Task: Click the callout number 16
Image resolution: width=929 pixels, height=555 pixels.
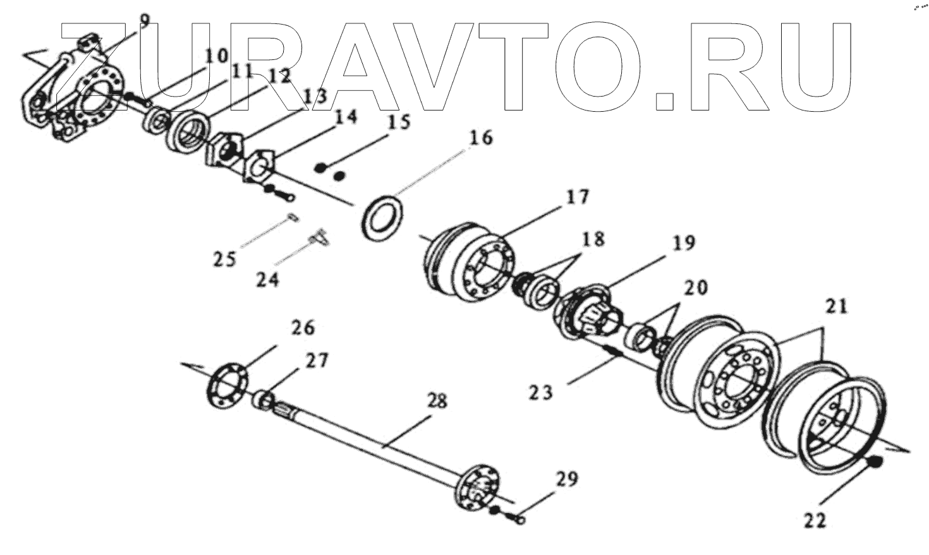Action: coord(481,138)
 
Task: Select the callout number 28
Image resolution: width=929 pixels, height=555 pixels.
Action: coord(437,401)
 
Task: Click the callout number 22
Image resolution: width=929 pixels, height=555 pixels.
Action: coord(815,521)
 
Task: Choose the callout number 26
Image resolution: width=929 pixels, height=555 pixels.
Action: coord(302,328)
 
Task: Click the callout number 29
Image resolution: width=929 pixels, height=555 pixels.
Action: coord(567,480)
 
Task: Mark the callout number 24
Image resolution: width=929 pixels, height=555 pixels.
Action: coord(267,278)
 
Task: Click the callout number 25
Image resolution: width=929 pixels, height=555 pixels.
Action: coord(224,259)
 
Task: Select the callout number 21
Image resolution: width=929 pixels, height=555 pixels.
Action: coord(835,307)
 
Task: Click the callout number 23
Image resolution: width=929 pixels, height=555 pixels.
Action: coord(542,392)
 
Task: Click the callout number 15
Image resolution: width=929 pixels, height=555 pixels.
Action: coord(398,122)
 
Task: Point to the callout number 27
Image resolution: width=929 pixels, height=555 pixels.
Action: coord(317,361)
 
